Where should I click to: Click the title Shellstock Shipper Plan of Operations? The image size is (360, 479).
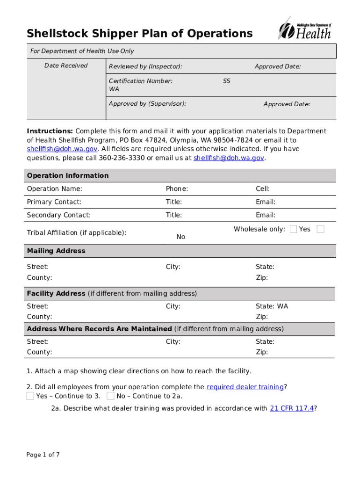coord(139,34)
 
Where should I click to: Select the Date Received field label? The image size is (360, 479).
coord(66,65)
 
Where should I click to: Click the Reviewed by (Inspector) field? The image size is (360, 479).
coord(145,67)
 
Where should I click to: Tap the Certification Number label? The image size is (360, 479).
coord(140,81)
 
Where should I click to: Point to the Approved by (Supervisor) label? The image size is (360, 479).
coord(147,103)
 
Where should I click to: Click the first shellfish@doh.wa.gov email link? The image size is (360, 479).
coord(62,149)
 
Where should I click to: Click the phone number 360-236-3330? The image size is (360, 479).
coord(122,158)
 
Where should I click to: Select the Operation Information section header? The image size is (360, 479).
coord(68,175)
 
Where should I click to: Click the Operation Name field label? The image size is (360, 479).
coord(54,189)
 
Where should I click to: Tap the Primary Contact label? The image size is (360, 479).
coord(54,202)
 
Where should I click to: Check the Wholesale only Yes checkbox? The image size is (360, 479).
coord(293,229)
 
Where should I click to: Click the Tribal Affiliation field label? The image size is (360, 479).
coord(77,232)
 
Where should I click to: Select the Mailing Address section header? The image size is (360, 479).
coord(56,251)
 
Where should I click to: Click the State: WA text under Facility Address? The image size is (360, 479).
coord(272,306)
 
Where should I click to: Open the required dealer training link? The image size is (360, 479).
coord(245,387)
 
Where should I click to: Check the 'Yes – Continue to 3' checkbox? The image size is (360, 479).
coord(30,396)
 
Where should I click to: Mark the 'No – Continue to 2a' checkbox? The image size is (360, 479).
coord(110,396)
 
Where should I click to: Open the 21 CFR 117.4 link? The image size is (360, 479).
coord(292,408)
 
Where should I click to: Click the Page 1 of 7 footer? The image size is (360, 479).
coord(43,455)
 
